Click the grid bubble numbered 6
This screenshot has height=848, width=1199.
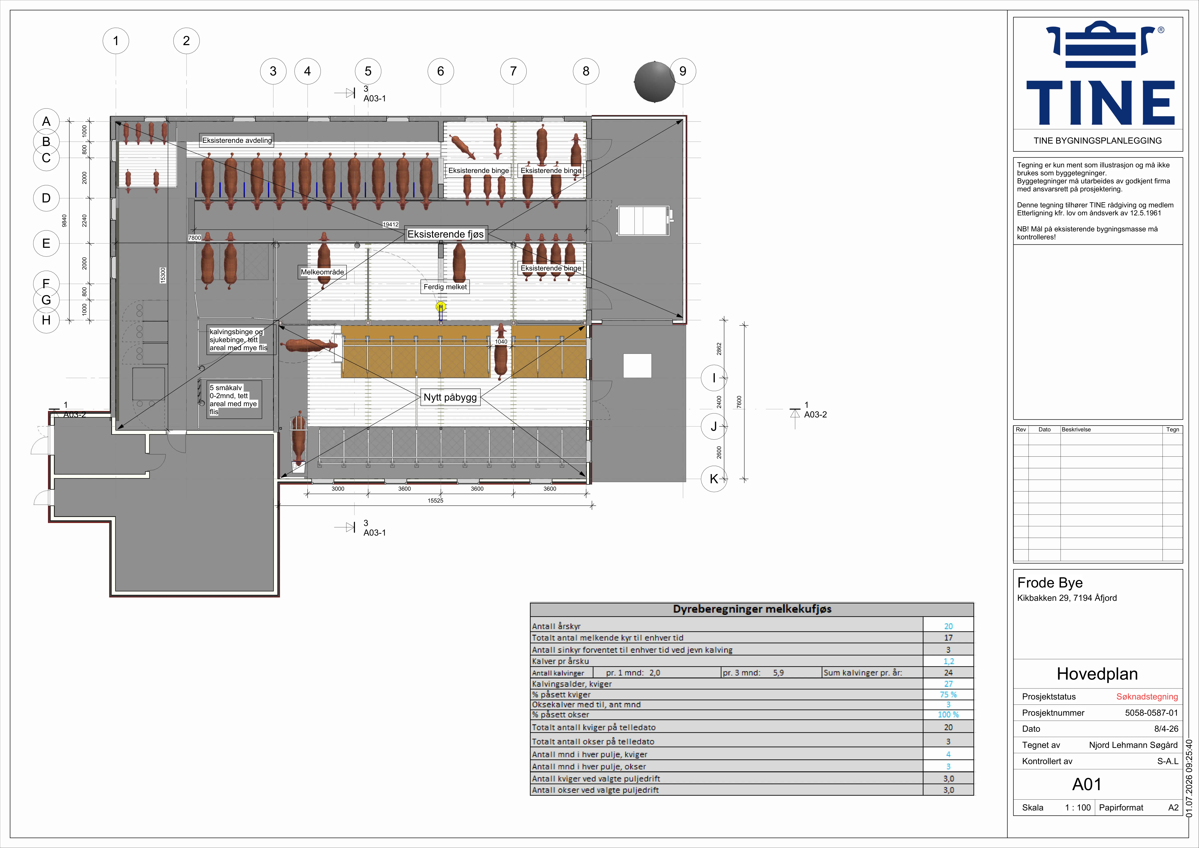click(x=440, y=71)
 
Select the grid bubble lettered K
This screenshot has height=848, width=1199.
click(x=714, y=479)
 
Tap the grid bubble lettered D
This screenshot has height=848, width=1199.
click(x=46, y=198)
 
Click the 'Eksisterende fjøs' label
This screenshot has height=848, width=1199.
click(x=445, y=234)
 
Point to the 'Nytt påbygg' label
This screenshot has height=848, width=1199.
click(x=450, y=397)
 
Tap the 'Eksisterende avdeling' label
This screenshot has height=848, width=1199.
click(x=237, y=140)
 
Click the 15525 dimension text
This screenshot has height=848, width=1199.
click(x=436, y=501)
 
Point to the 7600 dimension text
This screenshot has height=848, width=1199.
click(x=739, y=402)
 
